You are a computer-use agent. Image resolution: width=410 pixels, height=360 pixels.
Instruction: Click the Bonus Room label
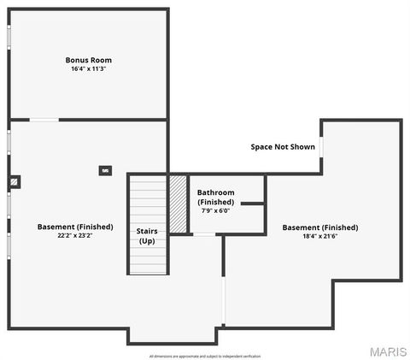point(89,60)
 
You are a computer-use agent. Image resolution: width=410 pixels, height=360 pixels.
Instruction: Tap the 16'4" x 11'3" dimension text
point(89,68)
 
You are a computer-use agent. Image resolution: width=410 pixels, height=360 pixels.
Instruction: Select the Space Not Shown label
point(283,147)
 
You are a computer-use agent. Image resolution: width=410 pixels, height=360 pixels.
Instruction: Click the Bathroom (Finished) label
point(215,198)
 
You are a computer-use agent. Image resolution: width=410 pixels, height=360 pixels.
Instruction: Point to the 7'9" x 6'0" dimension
point(215,210)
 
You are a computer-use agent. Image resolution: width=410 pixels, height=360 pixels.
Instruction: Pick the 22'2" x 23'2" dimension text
point(75,236)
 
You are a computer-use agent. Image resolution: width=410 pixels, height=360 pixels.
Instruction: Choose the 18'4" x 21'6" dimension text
point(320,236)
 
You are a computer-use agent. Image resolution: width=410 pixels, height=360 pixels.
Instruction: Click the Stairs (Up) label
point(147,236)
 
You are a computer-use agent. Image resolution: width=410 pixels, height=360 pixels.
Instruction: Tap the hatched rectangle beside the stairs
point(179,204)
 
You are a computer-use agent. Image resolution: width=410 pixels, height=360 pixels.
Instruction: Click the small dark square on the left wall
point(15,181)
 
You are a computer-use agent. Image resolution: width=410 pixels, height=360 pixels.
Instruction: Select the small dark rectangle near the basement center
point(105,170)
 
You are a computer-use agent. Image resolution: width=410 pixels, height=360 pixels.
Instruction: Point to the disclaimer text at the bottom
point(205,356)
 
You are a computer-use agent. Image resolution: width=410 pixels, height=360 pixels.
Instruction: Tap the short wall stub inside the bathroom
point(252,204)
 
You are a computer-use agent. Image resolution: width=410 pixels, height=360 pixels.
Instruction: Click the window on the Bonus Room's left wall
point(9,38)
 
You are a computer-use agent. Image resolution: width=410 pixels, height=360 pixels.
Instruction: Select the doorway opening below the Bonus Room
point(44,120)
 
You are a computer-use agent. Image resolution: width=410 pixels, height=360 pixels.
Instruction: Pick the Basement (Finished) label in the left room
point(75,227)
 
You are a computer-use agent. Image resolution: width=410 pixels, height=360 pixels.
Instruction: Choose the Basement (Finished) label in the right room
point(320,227)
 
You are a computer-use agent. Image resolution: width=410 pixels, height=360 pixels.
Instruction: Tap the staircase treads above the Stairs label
point(148,201)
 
